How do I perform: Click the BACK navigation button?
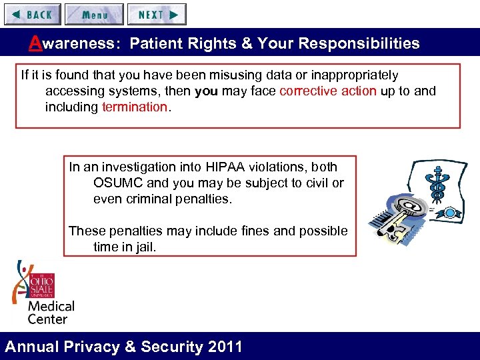tap(33, 14)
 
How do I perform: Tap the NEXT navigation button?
tap(157, 14)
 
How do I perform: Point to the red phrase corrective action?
tap(328, 91)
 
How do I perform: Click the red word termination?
tap(134, 107)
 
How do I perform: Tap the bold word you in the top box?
tap(206, 91)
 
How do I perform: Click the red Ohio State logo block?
tap(41, 285)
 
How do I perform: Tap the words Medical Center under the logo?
tap(51, 312)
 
